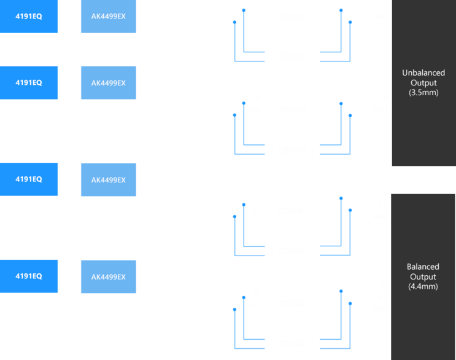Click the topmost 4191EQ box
29,16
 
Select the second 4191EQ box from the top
29,82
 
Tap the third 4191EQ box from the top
29,179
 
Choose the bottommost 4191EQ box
29,276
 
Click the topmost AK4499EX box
108,16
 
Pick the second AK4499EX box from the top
108,82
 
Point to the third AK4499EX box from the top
108,179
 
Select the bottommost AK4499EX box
108,276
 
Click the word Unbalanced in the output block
423,73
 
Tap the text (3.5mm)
423,92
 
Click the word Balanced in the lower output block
423,267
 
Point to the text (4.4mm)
423,286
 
